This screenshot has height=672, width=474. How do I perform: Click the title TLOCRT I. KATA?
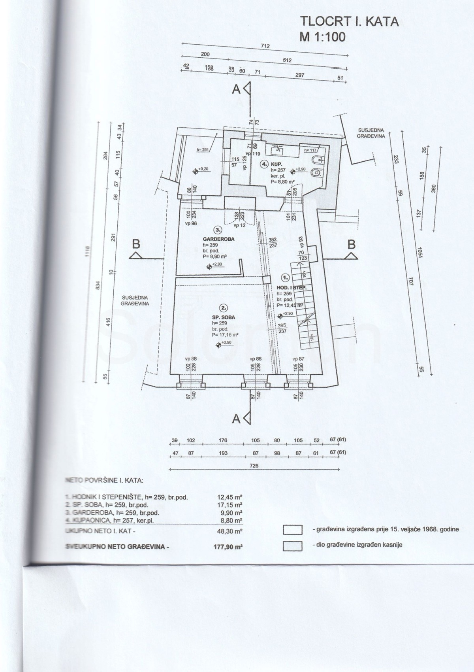(350, 22)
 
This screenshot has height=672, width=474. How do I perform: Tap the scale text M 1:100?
(323, 37)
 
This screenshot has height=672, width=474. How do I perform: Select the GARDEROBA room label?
(218, 239)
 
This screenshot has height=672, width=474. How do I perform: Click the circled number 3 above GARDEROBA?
(217, 230)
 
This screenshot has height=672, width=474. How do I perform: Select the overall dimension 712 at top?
(265, 46)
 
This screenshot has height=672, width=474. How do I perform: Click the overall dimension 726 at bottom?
(254, 466)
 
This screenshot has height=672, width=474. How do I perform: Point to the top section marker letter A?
(236, 90)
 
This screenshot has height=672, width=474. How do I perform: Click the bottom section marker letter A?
(236, 420)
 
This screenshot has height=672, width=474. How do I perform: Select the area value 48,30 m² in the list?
(229, 532)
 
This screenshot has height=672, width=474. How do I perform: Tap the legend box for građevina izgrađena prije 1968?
(293, 530)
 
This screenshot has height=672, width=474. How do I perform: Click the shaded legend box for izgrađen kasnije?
(293, 546)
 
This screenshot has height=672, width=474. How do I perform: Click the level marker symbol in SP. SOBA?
(218, 345)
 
